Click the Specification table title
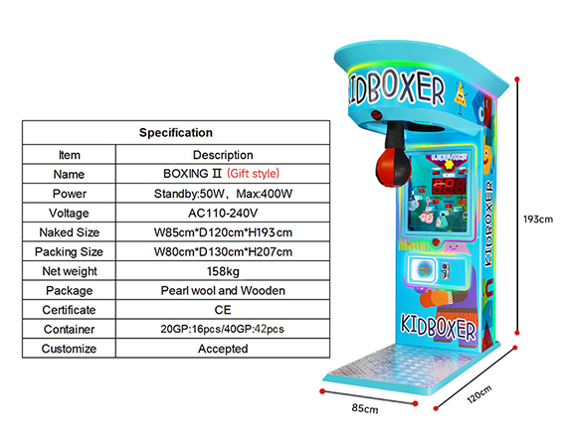pyautogui.click(x=176, y=132)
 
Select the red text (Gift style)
pyautogui.click(x=253, y=174)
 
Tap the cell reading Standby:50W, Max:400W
pyautogui.click(x=223, y=194)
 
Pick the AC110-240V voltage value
pyautogui.click(x=223, y=214)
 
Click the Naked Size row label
pyautogui.click(x=69, y=232)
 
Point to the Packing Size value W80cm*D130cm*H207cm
pyautogui.click(x=223, y=251)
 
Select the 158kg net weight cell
pyautogui.click(x=223, y=271)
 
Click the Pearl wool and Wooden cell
pyautogui.click(x=223, y=290)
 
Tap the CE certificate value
pyautogui.click(x=223, y=310)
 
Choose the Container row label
pyautogui.click(x=69, y=330)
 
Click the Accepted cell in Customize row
pyautogui.click(x=223, y=349)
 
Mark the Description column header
pyautogui.click(x=223, y=155)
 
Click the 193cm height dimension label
pyautogui.click(x=538, y=220)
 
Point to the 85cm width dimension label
pyautogui.click(x=365, y=408)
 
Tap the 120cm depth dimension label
pyautogui.click(x=479, y=394)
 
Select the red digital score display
pyautogui.click(x=449, y=186)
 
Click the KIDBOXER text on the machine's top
pyautogui.click(x=396, y=88)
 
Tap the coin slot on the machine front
pyautogui.click(x=446, y=270)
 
